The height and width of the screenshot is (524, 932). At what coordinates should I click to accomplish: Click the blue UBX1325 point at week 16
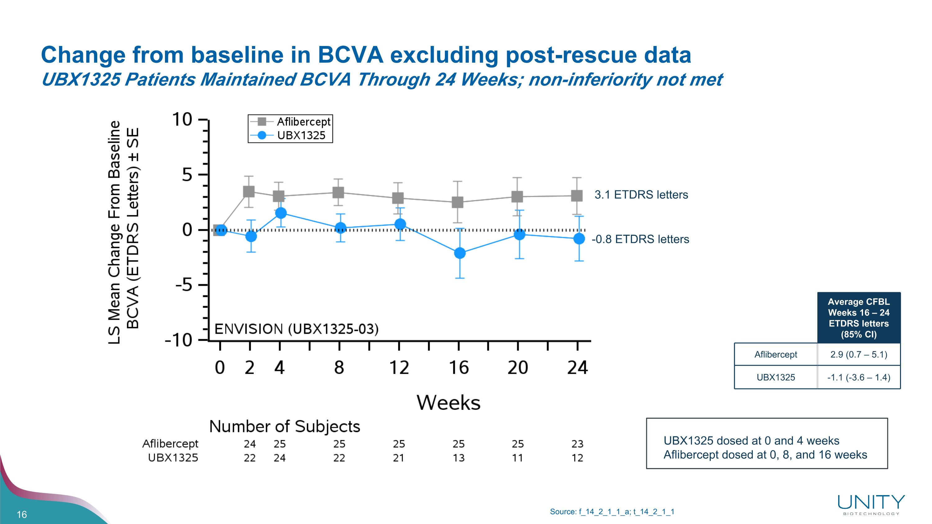(459, 253)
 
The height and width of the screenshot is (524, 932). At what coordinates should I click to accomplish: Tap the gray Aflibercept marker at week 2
(249, 192)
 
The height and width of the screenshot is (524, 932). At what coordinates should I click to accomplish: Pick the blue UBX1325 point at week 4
(281, 213)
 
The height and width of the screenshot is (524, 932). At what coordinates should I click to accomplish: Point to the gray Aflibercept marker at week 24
(577, 196)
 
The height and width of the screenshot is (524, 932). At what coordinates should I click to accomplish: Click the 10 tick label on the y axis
(182, 119)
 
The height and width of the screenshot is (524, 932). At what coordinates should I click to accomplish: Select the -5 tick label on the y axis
(184, 285)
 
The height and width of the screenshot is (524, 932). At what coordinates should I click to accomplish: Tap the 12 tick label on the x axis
(399, 368)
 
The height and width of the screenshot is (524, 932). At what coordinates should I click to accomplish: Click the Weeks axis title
(448, 403)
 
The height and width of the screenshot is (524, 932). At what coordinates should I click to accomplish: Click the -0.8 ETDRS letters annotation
(640, 239)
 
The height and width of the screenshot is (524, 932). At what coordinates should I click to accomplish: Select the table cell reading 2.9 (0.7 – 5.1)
(859, 354)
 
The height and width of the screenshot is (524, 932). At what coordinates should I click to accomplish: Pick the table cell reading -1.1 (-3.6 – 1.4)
(859, 377)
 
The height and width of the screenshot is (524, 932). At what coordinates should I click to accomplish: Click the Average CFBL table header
(859, 318)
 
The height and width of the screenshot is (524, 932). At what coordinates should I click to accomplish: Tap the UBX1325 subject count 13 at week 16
(459, 458)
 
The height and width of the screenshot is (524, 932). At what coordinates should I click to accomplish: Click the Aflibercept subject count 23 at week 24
(577, 444)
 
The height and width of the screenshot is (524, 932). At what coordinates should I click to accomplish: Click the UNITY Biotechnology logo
(871, 505)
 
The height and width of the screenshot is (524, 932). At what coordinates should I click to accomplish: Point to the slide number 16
(22, 514)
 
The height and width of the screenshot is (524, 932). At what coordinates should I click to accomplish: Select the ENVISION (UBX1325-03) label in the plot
(297, 329)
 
